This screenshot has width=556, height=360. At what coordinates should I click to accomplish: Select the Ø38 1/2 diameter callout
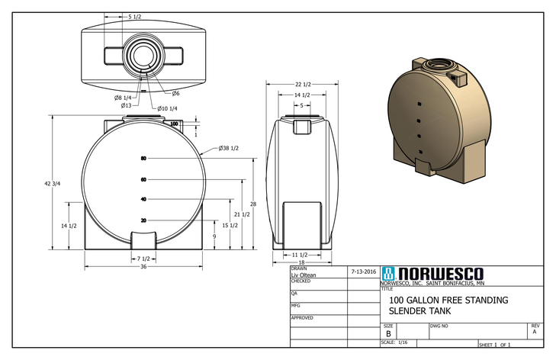[229, 148]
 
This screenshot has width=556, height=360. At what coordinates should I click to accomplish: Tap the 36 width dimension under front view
[143, 266]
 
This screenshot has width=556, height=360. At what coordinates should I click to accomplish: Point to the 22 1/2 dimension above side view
[301, 84]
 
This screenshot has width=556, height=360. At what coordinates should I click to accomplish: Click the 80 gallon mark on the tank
[143, 159]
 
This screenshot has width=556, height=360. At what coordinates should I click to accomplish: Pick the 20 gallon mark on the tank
[143, 220]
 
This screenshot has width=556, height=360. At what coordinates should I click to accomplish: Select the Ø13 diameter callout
[127, 105]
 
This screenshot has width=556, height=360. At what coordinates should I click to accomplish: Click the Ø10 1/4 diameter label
[168, 108]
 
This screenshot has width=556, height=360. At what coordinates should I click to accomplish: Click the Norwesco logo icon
[389, 274]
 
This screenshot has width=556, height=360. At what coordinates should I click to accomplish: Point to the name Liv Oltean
[304, 275]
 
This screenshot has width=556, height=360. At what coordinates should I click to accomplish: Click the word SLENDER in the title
[410, 311]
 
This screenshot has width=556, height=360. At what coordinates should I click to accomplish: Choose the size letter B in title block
[388, 334]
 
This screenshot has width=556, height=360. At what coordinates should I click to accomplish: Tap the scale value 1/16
[403, 342]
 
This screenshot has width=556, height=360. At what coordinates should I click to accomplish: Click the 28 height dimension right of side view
[252, 204]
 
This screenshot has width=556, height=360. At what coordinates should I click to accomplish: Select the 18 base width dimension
[301, 262]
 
